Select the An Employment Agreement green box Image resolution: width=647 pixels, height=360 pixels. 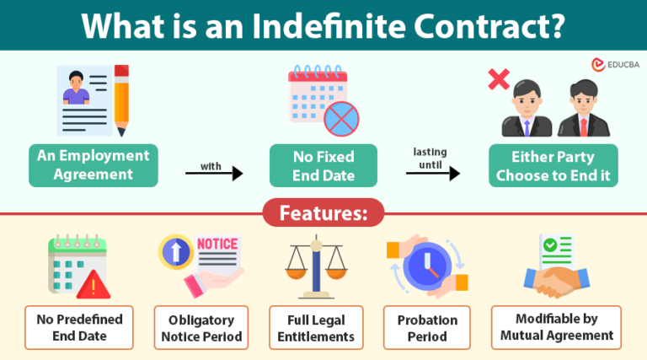pyautogui.click(x=92, y=165)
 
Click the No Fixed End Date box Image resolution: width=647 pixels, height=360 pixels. pyautogui.click(x=323, y=165)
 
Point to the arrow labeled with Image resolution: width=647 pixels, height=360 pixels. pyautogui.click(x=214, y=174)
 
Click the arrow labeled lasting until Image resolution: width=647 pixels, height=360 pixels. pyautogui.click(x=433, y=174)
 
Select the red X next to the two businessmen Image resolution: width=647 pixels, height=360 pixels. pyautogui.click(x=499, y=81)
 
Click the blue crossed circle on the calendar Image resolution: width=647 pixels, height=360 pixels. pyautogui.click(x=341, y=119)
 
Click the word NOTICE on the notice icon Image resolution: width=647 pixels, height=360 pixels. pyautogui.click(x=217, y=244)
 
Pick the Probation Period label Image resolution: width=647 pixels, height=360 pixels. pyautogui.click(x=427, y=328)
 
